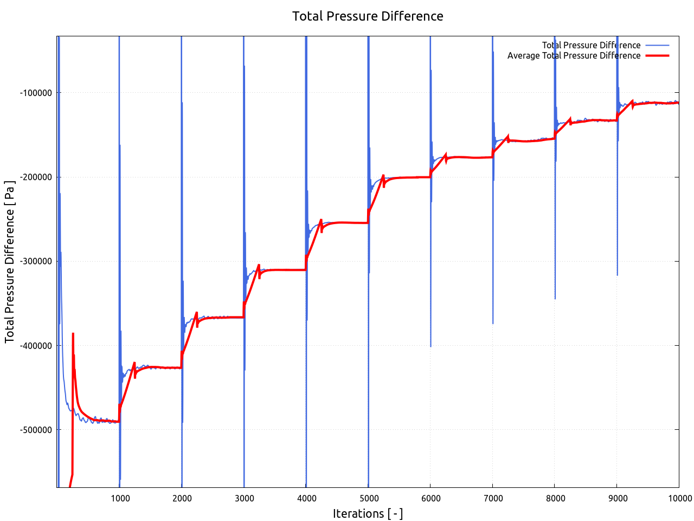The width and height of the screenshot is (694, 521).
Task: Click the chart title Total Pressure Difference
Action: click(x=368, y=16)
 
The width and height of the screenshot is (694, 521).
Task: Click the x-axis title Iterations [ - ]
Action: click(x=368, y=513)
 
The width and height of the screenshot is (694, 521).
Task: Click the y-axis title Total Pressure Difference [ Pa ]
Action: click(x=10, y=261)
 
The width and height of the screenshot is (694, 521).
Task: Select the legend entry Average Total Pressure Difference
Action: click(x=574, y=55)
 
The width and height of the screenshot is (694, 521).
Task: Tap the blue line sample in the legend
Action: click(x=657, y=45)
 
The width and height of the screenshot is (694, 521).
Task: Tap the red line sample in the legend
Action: click(x=657, y=55)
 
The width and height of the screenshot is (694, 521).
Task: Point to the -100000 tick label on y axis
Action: click(x=36, y=93)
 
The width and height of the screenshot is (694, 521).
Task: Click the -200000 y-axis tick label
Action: click(x=36, y=177)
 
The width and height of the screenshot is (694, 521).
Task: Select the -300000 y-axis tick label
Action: click(x=36, y=261)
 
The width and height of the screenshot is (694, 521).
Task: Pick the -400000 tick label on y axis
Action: click(x=36, y=345)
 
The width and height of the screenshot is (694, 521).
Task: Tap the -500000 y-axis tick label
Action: click(x=36, y=429)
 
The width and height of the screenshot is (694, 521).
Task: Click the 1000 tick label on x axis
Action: click(x=120, y=498)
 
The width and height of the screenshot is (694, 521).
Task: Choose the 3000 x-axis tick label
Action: click(x=244, y=498)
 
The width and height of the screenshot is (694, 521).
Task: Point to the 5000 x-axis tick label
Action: click(x=369, y=498)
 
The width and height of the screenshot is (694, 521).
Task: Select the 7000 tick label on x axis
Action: click(x=493, y=498)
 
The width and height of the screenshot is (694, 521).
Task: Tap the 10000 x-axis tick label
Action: click(x=679, y=498)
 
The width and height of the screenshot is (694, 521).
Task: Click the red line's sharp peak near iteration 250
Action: click(x=73, y=334)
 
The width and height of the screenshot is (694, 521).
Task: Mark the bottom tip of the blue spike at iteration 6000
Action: click(x=430, y=346)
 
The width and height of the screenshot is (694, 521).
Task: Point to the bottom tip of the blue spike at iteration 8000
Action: click(x=555, y=298)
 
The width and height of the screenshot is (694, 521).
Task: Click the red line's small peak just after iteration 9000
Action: click(x=632, y=100)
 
